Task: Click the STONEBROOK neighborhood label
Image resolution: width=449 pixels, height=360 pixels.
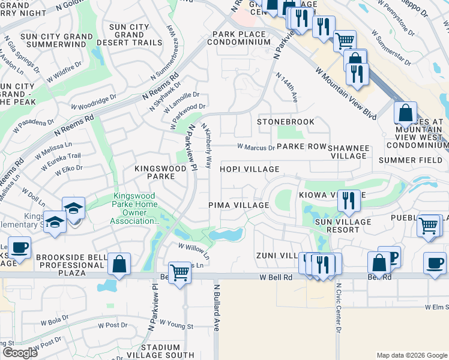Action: pyautogui.click(x=286, y=122)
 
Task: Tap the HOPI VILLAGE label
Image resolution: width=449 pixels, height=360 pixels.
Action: pyautogui.click(x=249, y=170)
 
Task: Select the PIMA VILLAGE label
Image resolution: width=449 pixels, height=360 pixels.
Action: pyautogui.click(x=238, y=205)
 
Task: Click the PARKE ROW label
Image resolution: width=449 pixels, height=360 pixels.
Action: pyautogui.click(x=301, y=146)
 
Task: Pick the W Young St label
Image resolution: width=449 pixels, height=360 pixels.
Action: pyautogui.click(x=178, y=326)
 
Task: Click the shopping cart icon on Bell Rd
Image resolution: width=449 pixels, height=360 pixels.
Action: pyautogui.click(x=179, y=273)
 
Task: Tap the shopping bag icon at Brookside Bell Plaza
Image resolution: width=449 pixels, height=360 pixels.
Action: pyautogui.click(x=119, y=264)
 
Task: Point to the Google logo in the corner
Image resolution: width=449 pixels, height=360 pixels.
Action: pyautogui.click(x=20, y=353)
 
